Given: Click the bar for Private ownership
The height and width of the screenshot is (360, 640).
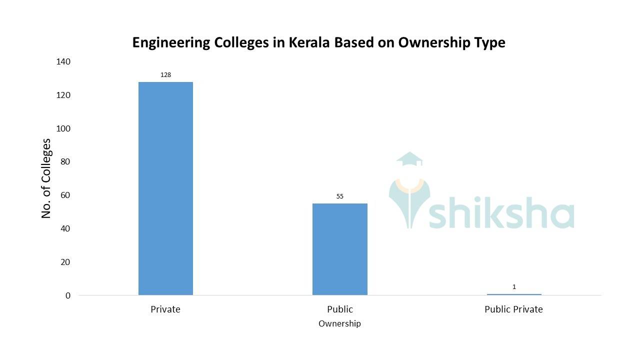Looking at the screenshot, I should [165, 188].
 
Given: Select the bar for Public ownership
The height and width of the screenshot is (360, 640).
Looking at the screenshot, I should [339, 249].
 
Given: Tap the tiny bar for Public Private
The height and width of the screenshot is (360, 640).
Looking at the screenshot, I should [514, 294].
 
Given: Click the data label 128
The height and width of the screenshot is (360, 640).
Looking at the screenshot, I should [165, 75].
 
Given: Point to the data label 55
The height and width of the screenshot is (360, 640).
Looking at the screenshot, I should [339, 196].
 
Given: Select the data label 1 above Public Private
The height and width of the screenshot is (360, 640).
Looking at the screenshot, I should [514, 287].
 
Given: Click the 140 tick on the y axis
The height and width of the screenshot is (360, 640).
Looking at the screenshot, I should [64, 61].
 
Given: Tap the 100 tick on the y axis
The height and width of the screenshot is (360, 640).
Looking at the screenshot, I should [64, 128].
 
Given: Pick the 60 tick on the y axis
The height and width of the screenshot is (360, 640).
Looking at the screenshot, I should [66, 195].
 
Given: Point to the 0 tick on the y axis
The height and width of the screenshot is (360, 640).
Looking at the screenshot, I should [68, 295].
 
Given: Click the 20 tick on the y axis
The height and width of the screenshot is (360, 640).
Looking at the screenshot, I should [66, 262].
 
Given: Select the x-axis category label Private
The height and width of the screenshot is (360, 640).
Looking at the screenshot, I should [165, 309].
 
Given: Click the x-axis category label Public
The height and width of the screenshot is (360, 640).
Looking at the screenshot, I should [339, 309].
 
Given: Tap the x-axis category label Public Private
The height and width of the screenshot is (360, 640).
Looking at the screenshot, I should [513, 309].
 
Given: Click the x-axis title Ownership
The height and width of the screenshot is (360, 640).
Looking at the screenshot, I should [339, 324].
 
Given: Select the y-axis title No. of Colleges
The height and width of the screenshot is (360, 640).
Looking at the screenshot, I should [46, 178].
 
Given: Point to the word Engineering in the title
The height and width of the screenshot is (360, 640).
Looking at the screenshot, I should [171, 43].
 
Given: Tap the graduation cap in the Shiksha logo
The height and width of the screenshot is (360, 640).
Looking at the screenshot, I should [409, 158].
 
